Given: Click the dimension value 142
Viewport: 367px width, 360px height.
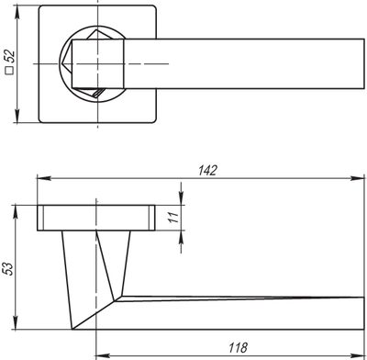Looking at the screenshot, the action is point(207,171).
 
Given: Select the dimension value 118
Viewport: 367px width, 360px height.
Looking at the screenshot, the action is point(238,347).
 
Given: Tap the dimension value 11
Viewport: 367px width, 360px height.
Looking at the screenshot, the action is point(173,217).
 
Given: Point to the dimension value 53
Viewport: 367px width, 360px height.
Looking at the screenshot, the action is point(8,269).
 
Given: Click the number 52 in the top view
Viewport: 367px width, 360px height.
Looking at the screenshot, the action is point(10,56).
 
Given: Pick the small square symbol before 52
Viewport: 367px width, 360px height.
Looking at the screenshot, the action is point(10,71).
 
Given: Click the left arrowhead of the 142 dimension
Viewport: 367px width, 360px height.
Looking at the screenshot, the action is point(44,178).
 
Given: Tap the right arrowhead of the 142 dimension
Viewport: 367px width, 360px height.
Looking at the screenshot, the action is point(358,178).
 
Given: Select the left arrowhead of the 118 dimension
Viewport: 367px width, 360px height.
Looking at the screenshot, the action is point(103,356).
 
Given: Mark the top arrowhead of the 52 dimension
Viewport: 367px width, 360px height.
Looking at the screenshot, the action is point(17,12).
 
